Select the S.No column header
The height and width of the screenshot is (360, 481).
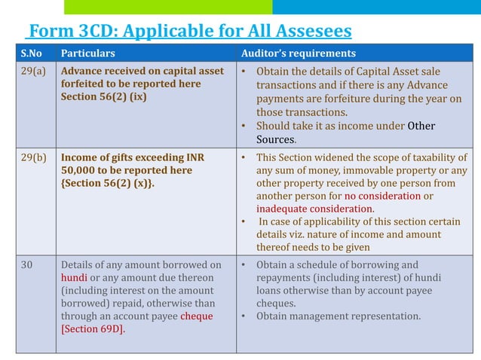pos(32,53)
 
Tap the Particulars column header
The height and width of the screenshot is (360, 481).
pos(87,53)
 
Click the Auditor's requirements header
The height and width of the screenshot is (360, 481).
pos(298,53)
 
